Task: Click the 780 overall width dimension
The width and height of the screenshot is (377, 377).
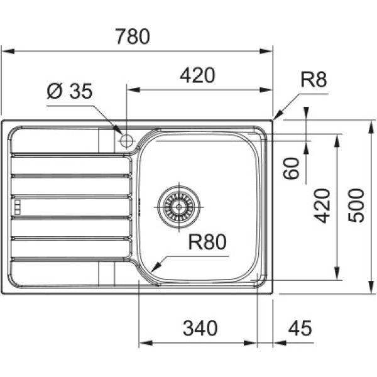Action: (133, 36)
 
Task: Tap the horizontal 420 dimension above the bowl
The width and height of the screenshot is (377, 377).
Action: (197, 75)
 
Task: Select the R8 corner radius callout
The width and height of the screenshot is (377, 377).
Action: (314, 80)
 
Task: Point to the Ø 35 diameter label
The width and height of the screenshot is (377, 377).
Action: (70, 91)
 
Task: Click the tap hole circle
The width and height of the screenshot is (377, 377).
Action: (126, 141)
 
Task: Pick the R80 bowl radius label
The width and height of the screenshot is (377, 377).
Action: (207, 242)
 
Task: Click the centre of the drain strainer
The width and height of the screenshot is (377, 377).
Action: (178, 207)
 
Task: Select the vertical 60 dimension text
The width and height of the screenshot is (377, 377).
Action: (291, 168)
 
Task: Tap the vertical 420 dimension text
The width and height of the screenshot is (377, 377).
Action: (322, 206)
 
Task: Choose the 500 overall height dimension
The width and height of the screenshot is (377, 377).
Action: (356, 205)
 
